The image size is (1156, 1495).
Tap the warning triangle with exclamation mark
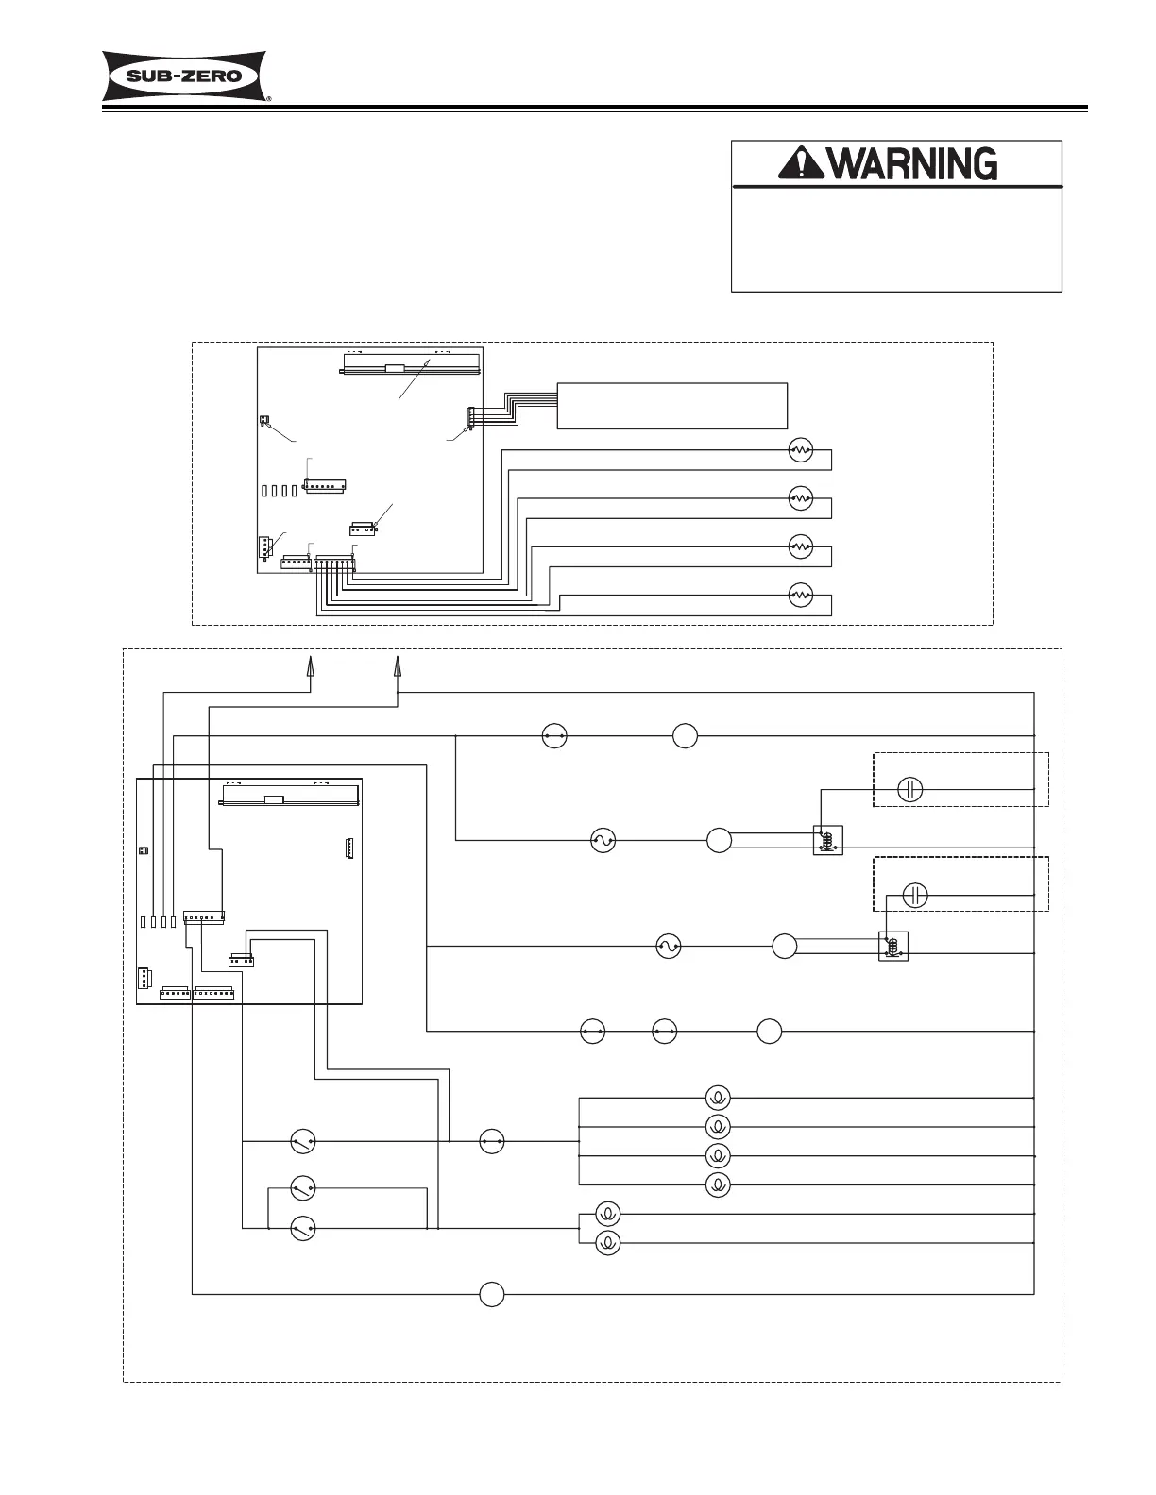click(800, 165)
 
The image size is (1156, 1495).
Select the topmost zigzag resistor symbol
click(800, 450)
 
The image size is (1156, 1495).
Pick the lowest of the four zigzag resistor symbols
click(800, 595)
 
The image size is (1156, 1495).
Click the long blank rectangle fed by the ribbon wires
click(671, 406)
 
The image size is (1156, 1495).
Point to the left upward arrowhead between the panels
click(309, 665)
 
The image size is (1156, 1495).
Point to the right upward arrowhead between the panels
click(397, 665)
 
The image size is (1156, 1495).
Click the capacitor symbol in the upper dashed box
click(909, 789)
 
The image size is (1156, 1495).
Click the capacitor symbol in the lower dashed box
click(915, 895)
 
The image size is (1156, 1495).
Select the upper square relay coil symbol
click(827, 840)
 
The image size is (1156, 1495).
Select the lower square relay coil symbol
click(892, 946)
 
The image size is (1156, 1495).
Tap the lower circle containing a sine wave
click(668, 946)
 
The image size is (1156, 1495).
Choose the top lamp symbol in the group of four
click(718, 1098)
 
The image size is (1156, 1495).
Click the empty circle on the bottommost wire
click(491, 1295)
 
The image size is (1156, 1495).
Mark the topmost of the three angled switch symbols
click(302, 1142)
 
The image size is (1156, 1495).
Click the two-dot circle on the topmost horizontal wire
click(554, 735)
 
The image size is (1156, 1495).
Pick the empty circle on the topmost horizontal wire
click(686, 735)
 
